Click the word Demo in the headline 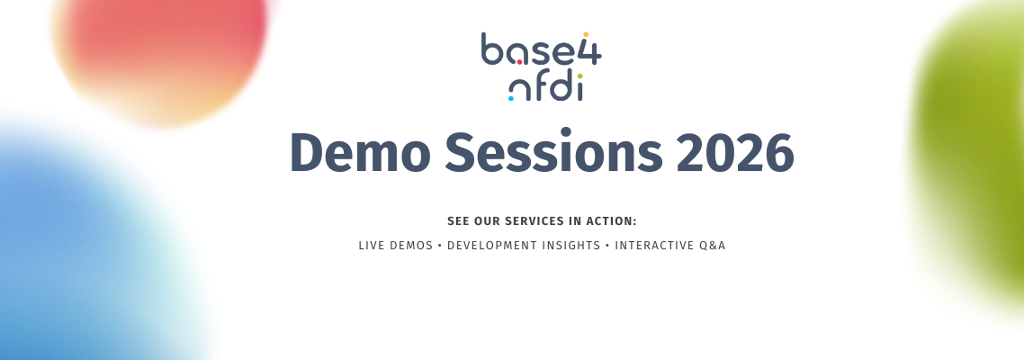tap(360, 153)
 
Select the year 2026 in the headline tap(734, 153)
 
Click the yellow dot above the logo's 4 tap(586, 34)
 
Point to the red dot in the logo tap(519, 63)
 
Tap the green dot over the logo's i tap(579, 76)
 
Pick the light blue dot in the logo tap(511, 99)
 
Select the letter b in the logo tap(493, 49)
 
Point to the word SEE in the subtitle tap(458, 221)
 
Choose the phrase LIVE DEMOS tap(396, 246)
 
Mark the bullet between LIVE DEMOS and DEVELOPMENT tap(440, 246)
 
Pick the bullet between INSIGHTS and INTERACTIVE tap(607, 246)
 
